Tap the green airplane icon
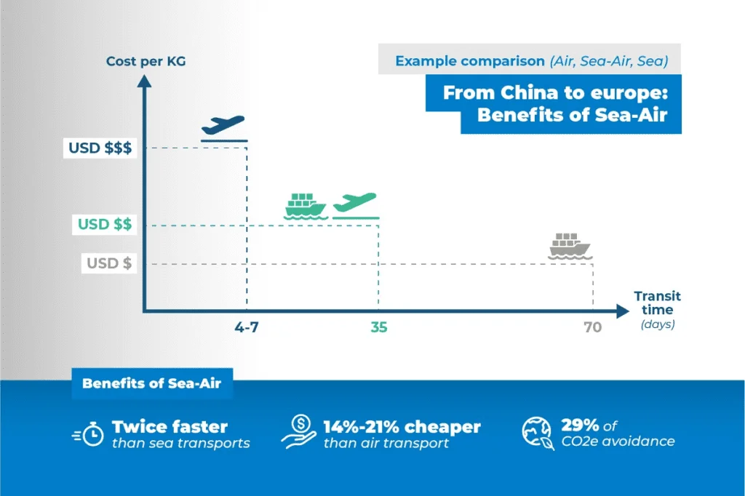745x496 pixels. point(355,204)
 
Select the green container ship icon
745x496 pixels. point(306,207)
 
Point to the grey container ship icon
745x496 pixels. point(570,246)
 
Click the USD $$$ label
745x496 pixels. point(100,148)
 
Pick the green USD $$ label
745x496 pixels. point(105,224)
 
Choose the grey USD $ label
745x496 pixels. point(109,263)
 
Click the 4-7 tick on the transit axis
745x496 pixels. point(247,327)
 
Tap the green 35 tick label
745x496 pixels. point(378,327)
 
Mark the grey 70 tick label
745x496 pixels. point(592,327)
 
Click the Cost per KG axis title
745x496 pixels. point(146,61)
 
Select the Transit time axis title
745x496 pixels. point(658,303)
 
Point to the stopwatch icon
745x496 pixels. point(88,433)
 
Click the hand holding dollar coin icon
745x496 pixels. point(299,431)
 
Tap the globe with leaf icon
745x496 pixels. point(538,433)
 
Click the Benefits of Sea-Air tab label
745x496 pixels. point(152,383)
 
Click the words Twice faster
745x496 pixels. point(170,427)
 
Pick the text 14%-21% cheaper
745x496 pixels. point(402,427)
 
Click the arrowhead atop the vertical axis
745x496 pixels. point(144,81)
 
